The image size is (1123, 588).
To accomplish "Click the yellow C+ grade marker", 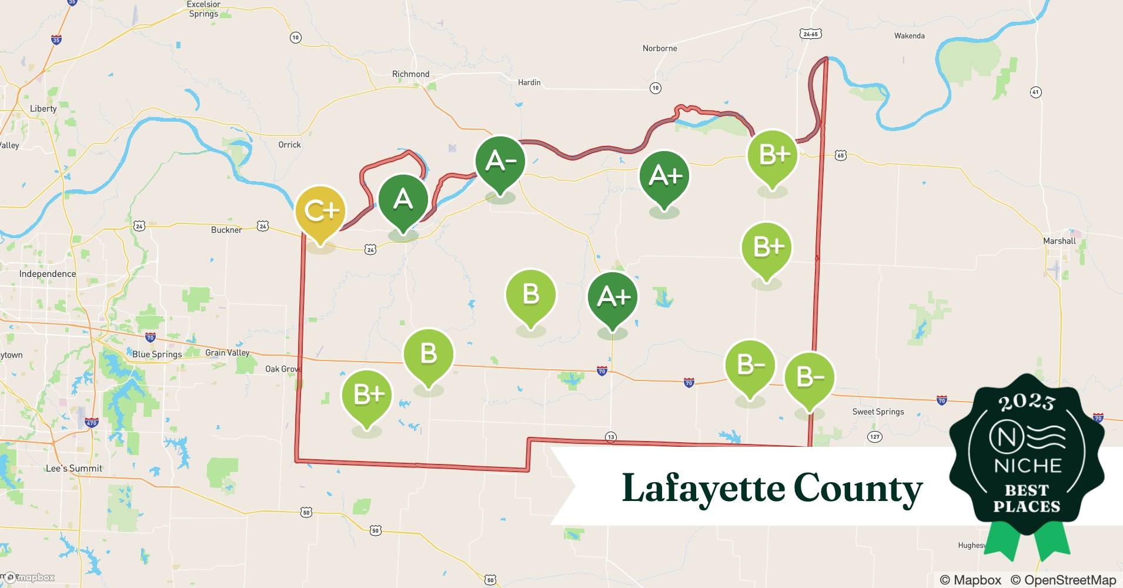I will coord(320,211).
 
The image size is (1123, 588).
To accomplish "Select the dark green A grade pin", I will coord(403,200).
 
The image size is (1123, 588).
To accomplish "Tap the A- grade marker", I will coord(500,161).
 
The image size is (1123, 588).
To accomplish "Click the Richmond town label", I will coord(410,74).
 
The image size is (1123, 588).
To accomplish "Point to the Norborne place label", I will coord(660,48).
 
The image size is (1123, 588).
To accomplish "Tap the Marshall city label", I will coord(1059,240).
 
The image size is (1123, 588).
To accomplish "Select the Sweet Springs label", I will coord(878,412).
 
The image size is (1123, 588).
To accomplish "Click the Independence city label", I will coord(47,274).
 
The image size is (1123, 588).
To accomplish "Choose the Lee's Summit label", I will coord(74,469).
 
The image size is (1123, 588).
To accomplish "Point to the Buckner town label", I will coord(226,230).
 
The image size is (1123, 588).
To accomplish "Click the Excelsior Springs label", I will coord(203,9).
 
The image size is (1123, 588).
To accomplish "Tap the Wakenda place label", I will coord(909,36).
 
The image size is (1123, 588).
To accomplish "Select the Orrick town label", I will coord(289,145).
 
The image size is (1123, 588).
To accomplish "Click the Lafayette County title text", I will coord(772,488).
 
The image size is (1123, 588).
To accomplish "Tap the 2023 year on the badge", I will coord(1026,402).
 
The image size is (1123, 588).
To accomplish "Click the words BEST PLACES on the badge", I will coord(1027,498).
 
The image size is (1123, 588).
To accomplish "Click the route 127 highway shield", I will coord(874,436).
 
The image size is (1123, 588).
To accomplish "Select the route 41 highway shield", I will coord(1036,92).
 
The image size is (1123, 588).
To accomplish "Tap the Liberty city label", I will coord(43,109).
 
